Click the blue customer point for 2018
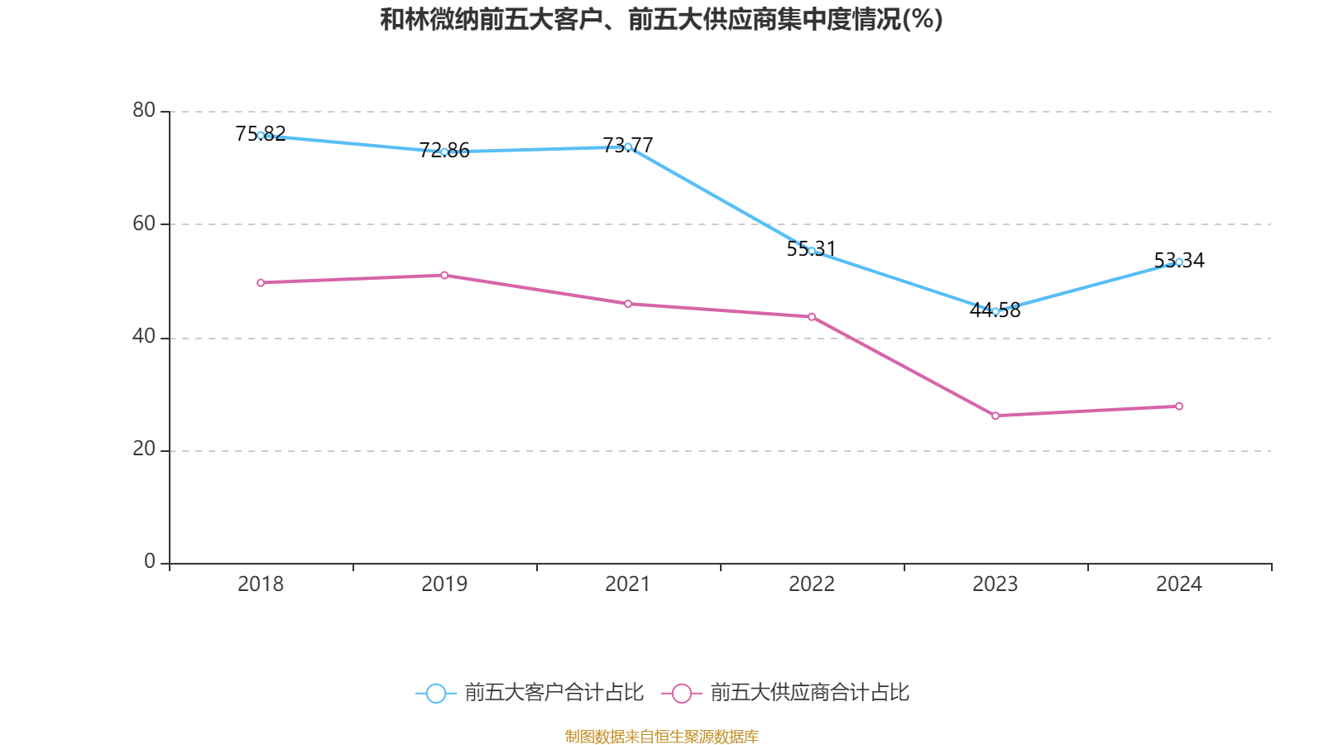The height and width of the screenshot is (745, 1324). (x=261, y=135)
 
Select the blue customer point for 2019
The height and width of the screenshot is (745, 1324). (x=444, y=152)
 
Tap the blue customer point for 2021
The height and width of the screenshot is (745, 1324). (x=628, y=147)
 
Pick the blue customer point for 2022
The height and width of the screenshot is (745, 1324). (x=812, y=251)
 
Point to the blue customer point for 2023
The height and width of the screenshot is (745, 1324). (x=995, y=311)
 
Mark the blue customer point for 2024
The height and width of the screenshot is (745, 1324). (x=1179, y=262)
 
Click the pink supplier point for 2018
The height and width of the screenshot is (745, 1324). (x=261, y=283)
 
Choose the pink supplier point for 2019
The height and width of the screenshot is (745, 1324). (x=444, y=275)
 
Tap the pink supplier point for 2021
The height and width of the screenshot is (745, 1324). (x=628, y=304)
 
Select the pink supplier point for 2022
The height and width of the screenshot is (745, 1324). (x=812, y=317)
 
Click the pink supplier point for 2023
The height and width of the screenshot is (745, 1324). (x=995, y=416)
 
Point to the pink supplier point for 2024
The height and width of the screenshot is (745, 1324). (x=1179, y=406)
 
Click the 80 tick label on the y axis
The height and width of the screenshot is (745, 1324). (x=144, y=110)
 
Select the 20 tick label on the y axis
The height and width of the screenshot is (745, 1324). (x=144, y=449)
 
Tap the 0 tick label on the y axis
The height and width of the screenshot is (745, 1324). (x=150, y=561)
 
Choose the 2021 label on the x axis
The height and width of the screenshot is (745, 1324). (x=628, y=584)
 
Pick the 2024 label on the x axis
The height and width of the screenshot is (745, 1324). (x=1179, y=584)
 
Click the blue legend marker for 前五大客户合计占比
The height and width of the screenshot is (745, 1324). (x=436, y=693)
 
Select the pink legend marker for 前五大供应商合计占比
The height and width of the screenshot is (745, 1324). (x=681, y=693)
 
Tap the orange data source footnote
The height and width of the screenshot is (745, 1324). (x=662, y=736)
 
